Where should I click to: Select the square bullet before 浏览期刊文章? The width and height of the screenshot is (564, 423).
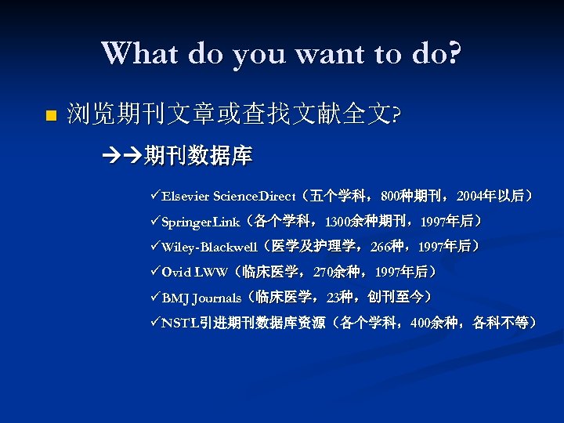(52, 116)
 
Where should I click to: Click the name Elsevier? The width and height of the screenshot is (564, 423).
(186, 196)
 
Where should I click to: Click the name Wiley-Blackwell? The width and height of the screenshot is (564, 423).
(209, 247)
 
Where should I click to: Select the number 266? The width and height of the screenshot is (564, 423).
(381, 247)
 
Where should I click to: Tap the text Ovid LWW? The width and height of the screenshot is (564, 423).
(194, 273)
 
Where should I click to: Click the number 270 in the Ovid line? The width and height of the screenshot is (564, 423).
(323, 273)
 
